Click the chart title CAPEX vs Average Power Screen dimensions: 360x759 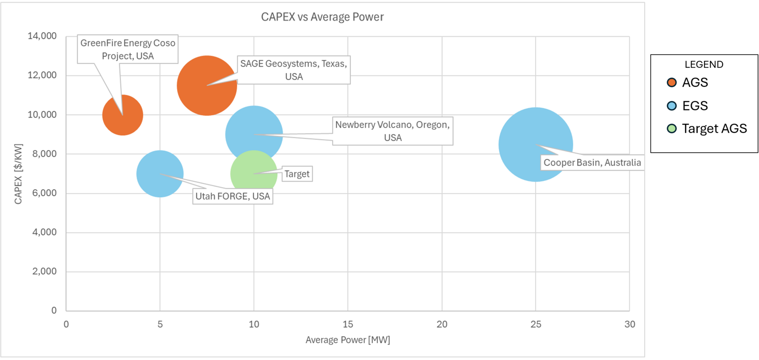coord(322,17)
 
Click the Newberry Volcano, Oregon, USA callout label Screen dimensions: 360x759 coord(393,131)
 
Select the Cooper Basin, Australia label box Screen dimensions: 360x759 coord(592,163)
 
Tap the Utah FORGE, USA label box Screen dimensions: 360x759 coord(233,196)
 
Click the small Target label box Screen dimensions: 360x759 coord(297,174)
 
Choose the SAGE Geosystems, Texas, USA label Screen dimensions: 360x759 coord(293,70)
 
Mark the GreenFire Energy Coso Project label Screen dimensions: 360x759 coord(128,49)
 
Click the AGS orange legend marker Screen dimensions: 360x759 coord(672,83)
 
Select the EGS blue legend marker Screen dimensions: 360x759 coord(672,106)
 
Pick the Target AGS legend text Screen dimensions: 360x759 coord(714,129)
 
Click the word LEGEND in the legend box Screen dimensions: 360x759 coord(704,64)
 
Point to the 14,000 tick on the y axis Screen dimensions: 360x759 coord(42,36)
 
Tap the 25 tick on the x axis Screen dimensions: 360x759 coord(536,324)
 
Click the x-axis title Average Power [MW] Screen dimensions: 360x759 coord(348,340)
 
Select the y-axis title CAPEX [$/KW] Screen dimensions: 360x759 coord(18,174)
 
